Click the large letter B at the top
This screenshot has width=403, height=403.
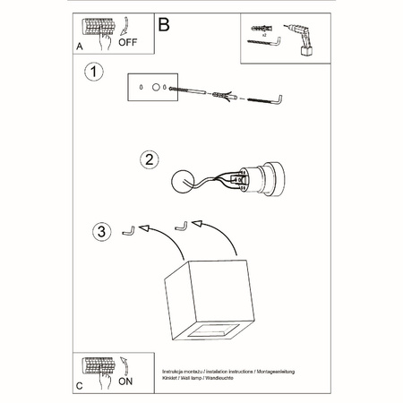pyautogui.click(x=163, y=24)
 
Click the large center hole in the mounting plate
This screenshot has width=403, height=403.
pyautogui.click(x=157, y=88)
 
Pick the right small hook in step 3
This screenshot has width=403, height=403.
pyautogui.click(x=181, y=225)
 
